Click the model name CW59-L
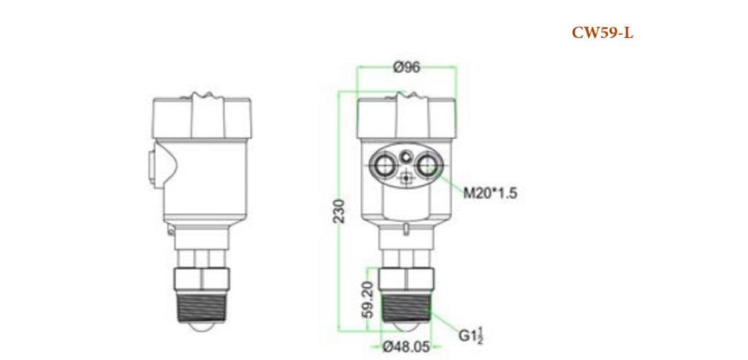(x=602, y=34)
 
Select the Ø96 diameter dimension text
(x=406, y=67)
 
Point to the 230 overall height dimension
(x=340, y=210)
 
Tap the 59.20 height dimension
(x=368, y=299)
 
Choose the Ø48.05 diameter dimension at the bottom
(x=406, y=346)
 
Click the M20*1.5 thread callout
(x=490, y=193)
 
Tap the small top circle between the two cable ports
(x=406, y=155)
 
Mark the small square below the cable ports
(x=406, y=177)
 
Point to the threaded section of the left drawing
(x=202, y=306)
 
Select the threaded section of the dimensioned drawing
(x=406, y=306)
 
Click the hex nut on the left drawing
(x=202, y=278)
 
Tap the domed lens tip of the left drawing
(x=202, y=330)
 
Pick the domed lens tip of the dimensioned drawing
(x=406, y=330)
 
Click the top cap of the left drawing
(x=202, y=117)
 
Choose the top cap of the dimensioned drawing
(x=406, y=117)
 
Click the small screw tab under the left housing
(x=170, y=230)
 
